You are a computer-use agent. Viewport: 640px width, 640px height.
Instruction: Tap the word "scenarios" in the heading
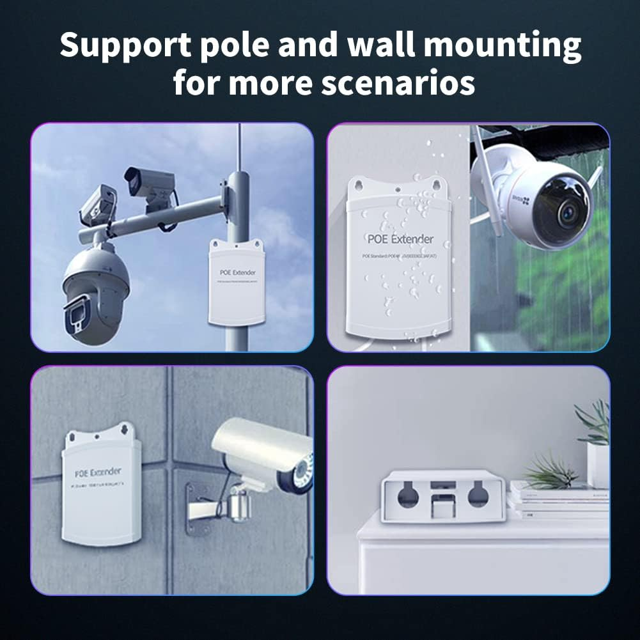tap(398, 82)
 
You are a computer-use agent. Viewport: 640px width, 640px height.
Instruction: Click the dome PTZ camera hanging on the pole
tap(96, 288)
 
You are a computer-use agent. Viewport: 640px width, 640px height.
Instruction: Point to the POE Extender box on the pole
tap(236, 282)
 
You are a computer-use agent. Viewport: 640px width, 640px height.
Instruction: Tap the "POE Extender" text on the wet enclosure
tap(400, 239)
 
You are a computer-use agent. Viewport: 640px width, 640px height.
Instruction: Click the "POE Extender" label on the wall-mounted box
tap(98, 472)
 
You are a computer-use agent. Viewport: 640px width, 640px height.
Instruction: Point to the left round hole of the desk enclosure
tap(407, 496)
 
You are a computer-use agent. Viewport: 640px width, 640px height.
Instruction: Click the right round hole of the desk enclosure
tap(478, 496)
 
